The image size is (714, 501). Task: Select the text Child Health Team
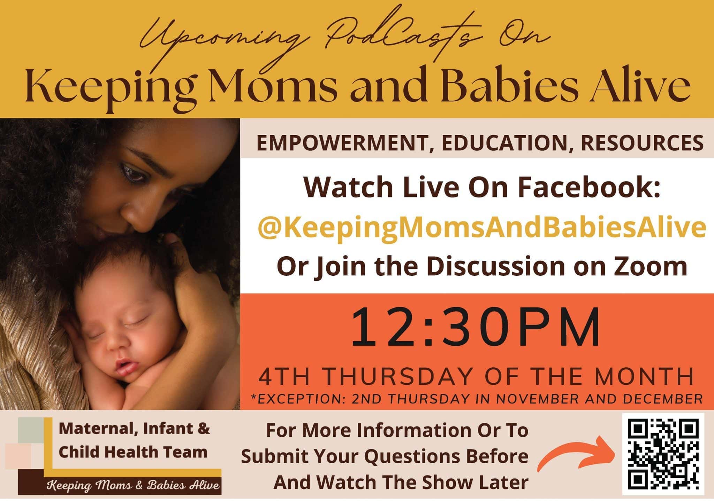(133, 452)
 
